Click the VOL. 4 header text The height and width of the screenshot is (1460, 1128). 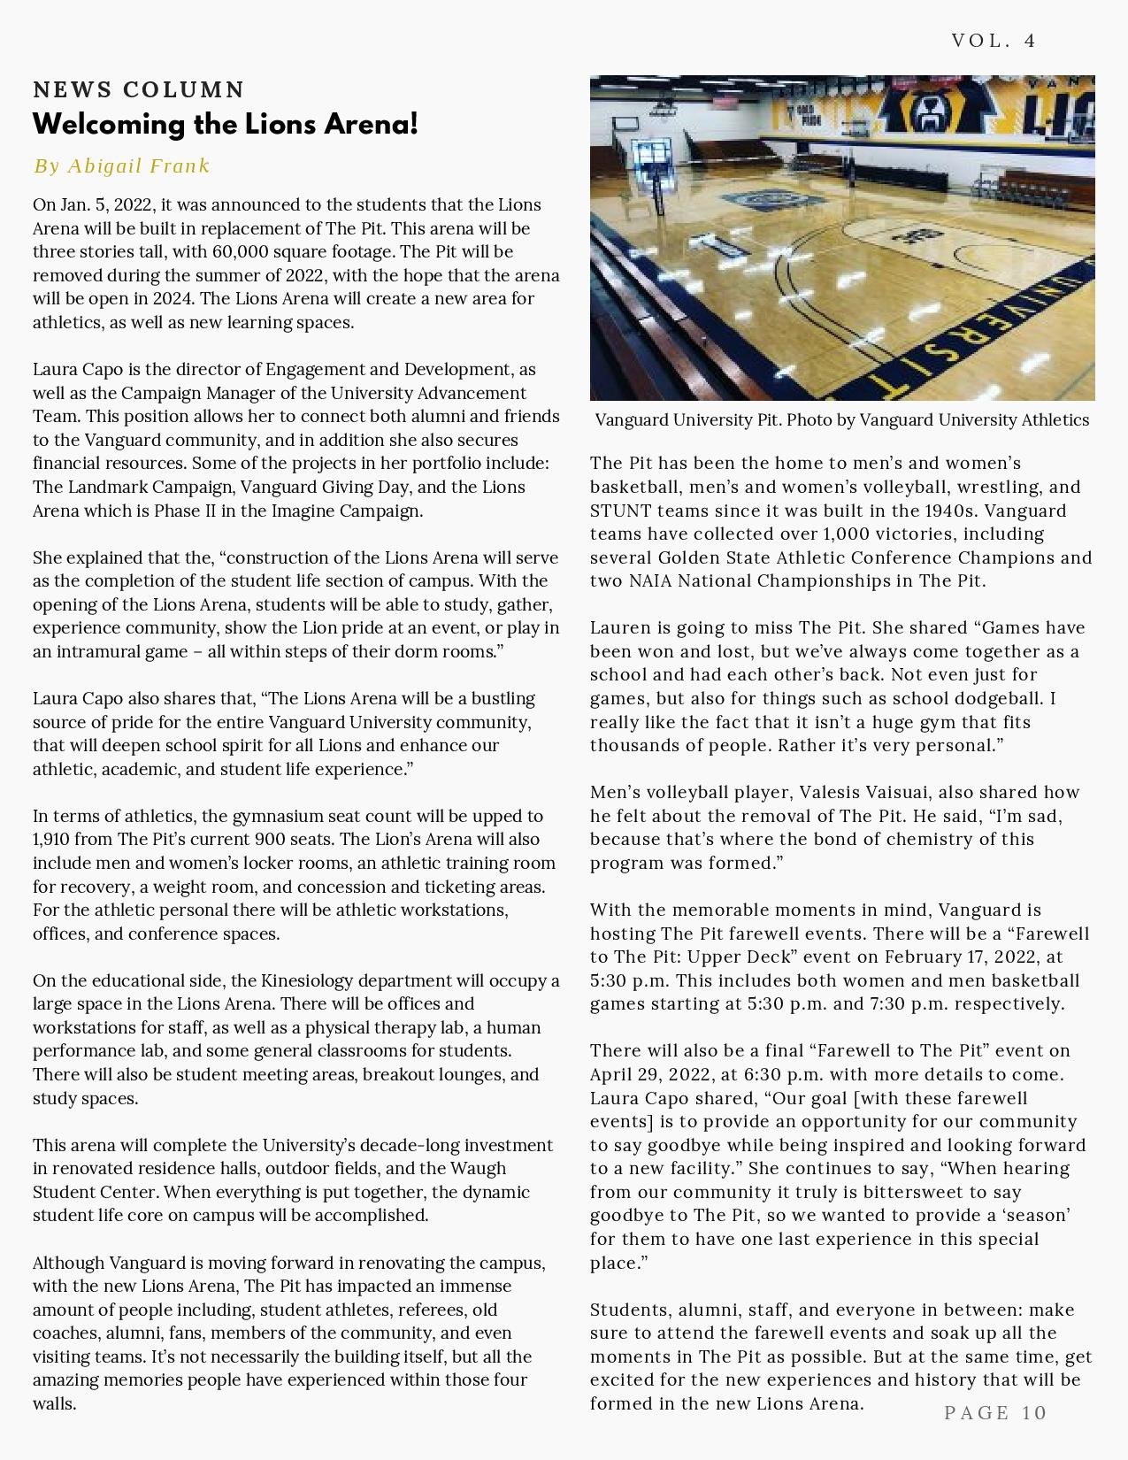coord(993,41)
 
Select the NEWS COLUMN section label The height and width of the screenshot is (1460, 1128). coord(139,89)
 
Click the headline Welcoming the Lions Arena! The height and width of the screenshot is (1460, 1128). coord(225,124)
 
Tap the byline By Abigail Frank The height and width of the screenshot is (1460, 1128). coord(122,165)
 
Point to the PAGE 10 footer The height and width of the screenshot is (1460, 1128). coord(995,1412)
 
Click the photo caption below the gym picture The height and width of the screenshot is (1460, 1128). coord(841,419)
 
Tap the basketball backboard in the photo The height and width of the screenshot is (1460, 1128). coord(650,158)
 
